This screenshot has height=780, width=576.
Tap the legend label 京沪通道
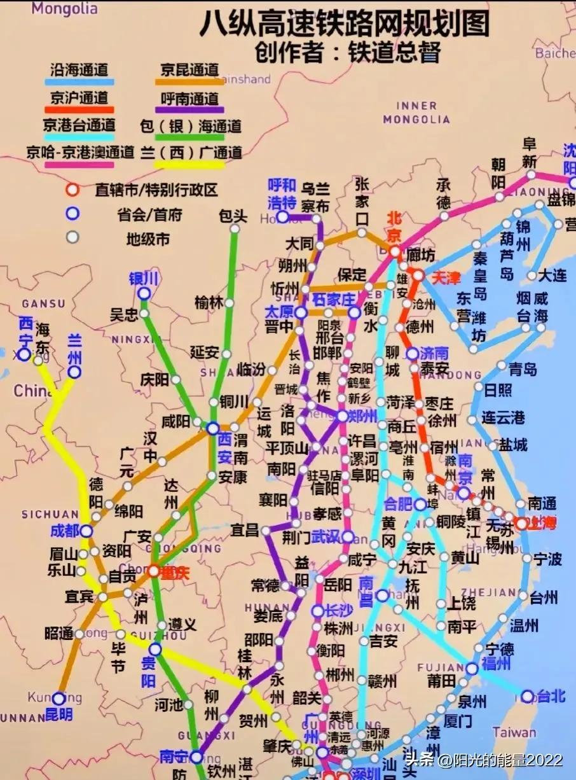(x=79, y=97)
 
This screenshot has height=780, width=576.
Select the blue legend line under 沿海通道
(x=79, y=81)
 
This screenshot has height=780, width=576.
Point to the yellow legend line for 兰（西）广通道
(x=190, y=165)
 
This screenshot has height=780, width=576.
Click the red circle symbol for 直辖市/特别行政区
(x=73, y=190)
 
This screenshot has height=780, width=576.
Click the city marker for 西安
(x=213, y=429)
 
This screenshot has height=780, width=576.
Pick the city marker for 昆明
(x=58, y=699)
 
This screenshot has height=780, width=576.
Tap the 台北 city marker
(x=527, y=696)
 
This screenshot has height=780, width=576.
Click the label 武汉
(x=326, y=536)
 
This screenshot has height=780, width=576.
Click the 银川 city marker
(x=144, y=293)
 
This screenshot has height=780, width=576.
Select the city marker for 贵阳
(x=155, y=650)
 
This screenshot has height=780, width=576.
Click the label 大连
(x=552, y=275)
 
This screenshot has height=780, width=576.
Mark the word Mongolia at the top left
(x=65, y=8)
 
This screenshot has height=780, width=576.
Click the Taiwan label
(x=514, y=732)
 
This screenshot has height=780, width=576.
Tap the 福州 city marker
(x=471, y=669)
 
